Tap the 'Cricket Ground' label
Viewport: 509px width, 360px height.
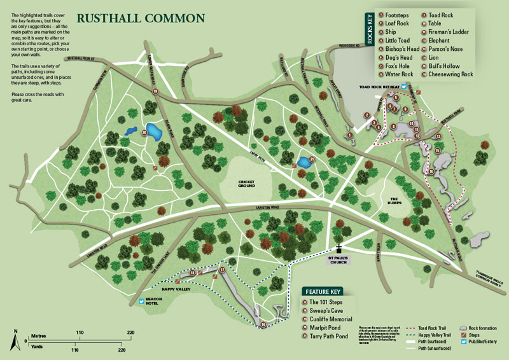pyautogui.click(x=246, y=184)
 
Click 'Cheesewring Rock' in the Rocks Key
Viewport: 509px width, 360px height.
pyautogui.click(x=452, y=74)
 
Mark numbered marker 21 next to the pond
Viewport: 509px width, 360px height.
pyautogui.click(x=312, y=159)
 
